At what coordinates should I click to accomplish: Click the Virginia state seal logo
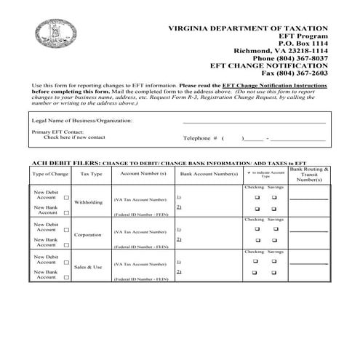click(x=52, y=28)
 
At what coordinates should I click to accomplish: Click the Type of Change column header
click(x=50, y=175)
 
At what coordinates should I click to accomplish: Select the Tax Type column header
click(x=91, y=175)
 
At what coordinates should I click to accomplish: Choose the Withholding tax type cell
click(x=89, y=202)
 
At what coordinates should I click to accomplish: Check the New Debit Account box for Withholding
click(x=67, y=197)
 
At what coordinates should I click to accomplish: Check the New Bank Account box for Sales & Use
click(x=67, y=277)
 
